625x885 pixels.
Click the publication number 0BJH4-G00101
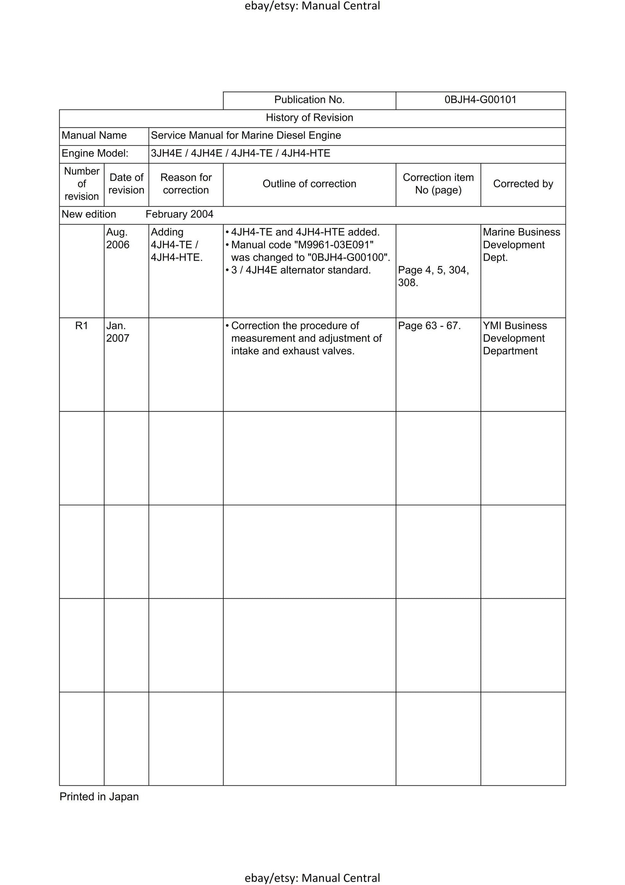480,100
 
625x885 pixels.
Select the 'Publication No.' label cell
309,100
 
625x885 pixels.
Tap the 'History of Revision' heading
309,118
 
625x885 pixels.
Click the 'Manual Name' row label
94,135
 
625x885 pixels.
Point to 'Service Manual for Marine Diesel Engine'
246,135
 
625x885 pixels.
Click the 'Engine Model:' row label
95,153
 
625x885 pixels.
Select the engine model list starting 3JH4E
241,153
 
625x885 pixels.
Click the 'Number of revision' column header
82,184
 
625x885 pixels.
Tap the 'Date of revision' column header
127,184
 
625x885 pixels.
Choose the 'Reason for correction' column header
186,184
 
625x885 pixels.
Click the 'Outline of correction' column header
309,184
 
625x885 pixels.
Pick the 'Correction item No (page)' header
438,184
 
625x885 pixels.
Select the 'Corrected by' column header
523,184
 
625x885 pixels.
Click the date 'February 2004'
179,214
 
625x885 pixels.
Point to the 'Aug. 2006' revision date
118,238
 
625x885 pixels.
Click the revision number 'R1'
82,326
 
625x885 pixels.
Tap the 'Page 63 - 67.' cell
429,326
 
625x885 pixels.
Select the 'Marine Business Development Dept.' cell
521,245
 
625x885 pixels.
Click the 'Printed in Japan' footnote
99,797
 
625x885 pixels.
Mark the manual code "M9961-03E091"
334,245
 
